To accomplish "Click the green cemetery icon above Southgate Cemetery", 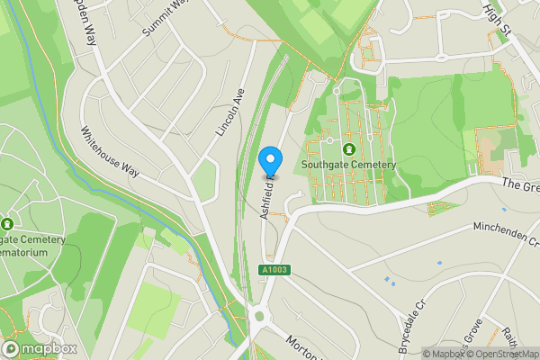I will pyautogui.click(x=348, y=148).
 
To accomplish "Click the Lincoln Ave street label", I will pyautogui.click(x=230, y=112).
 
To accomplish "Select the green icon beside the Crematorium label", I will pyautogui.click(x=7, y=223).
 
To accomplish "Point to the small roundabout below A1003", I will pyautogui.click(x=262, y=315).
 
